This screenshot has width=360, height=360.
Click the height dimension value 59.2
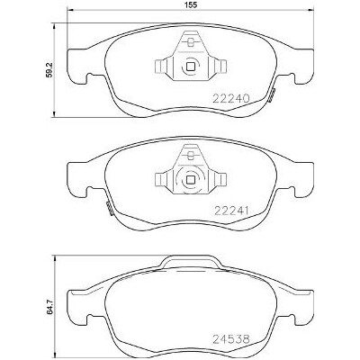coord(49,69)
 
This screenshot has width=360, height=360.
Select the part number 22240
coord(231,98)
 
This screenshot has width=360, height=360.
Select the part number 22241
coord(231,211)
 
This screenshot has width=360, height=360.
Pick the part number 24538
coord(231,339)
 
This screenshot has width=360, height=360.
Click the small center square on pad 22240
coord(190,66)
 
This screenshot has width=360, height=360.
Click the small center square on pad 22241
coord(190,180)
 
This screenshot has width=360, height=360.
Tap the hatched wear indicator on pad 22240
coord(272,95)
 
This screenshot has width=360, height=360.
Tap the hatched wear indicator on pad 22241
coord(109,209)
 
